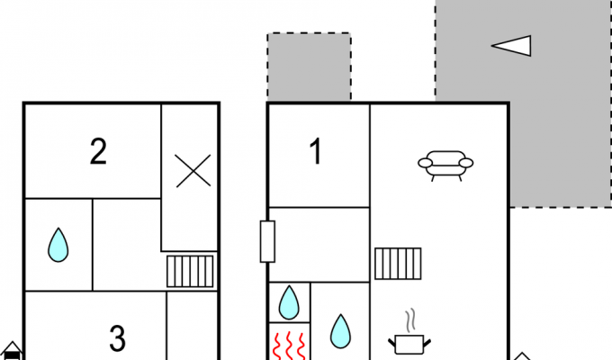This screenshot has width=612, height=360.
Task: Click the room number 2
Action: tap(98, 152)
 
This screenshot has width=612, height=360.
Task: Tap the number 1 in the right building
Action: tap(315, 152)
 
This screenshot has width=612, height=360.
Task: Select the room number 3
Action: tap(118, 338)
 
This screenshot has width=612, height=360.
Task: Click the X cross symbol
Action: tap(193, 171)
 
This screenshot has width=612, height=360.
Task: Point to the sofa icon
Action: tap(445, 166)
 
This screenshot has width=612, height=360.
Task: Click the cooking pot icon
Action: tap(409, 344)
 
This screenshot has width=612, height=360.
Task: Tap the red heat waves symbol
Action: tap(289, 346)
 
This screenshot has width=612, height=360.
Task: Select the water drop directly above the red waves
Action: tap(289, 302)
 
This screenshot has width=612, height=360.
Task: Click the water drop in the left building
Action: tap(58, 245)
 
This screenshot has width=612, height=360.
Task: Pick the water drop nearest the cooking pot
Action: tap(340, 331)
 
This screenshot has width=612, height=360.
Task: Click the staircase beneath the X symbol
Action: tap(190, 272)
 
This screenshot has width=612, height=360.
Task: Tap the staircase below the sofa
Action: tap(398, 264)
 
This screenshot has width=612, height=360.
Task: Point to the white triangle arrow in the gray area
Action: tap(511, 46)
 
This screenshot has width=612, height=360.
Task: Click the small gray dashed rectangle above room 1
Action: tap(309, 67)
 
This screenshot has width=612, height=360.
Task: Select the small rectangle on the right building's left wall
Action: tap(268, 241)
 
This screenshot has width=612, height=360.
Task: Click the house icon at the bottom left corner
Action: tap(12, 351)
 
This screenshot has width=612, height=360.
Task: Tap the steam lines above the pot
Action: tap(409, 320)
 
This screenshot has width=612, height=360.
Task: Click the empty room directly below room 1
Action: tap(319, 245)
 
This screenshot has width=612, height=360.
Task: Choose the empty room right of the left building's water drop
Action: tap(127, 245)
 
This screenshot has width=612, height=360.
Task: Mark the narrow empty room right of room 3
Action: tap(192, 326)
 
